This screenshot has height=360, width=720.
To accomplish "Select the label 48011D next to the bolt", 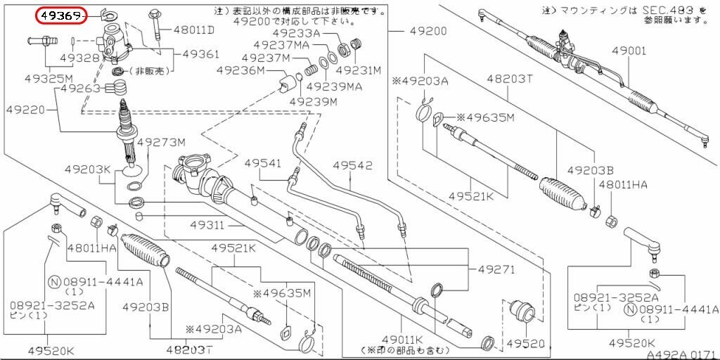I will [194, 31].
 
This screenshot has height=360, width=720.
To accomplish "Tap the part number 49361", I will [201, 54].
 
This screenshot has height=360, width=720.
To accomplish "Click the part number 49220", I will [26, 110].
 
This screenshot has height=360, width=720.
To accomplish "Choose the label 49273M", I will [161, 142].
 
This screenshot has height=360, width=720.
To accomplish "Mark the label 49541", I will [263, 164].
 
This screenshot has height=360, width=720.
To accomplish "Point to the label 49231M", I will [358, 70].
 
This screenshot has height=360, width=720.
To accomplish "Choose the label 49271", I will [496, 269].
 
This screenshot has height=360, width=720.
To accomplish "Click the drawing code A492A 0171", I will [681, 354].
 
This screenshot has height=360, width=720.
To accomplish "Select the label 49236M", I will [240, 70].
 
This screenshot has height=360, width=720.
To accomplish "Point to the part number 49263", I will [82, 89].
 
